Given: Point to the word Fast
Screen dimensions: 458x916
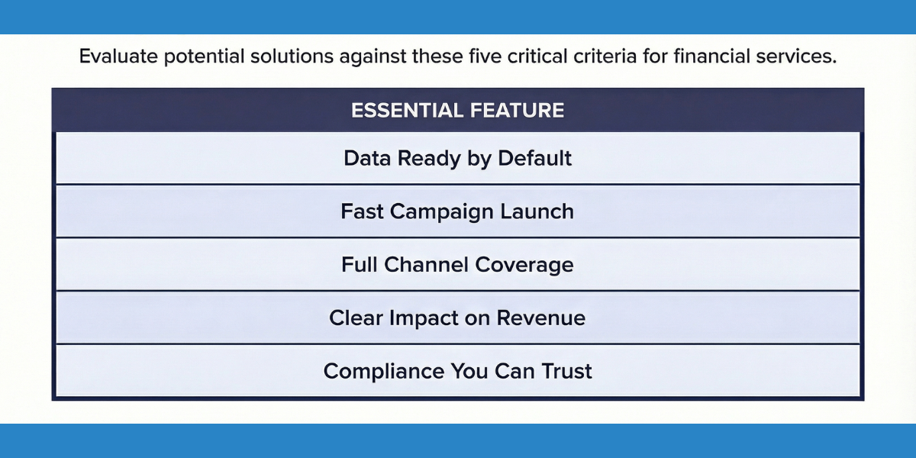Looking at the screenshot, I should (362, 211).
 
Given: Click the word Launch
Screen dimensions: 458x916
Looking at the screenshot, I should (538, 211).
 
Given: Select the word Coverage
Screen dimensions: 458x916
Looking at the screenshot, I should (524, 265).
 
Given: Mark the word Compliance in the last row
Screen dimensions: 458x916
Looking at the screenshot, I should (375, 371).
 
